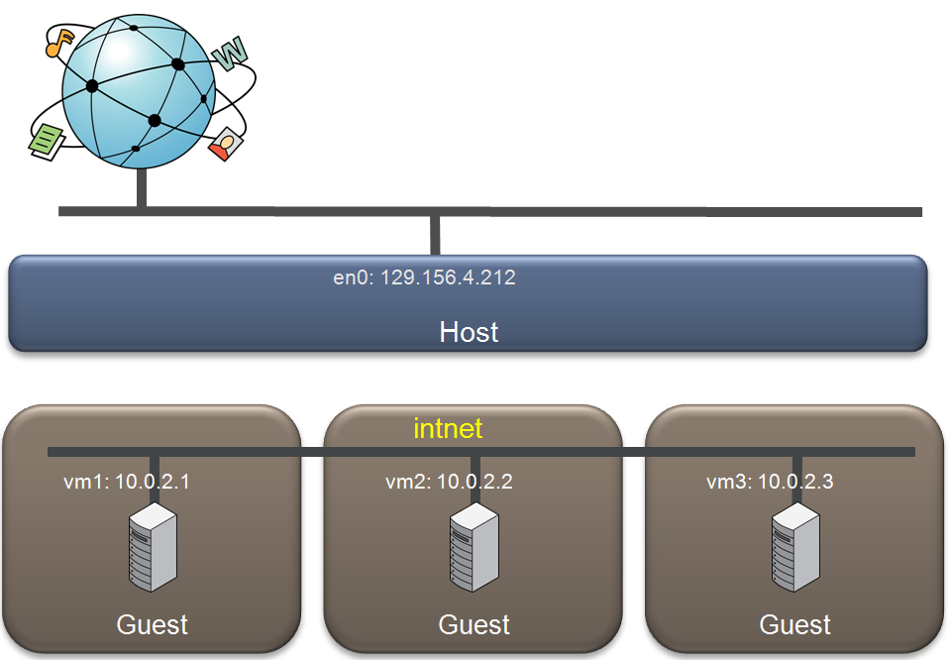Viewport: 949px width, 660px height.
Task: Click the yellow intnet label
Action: point(448,429)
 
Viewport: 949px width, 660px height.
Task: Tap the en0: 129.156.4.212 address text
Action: point(424,277)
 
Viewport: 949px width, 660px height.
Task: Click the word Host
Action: point(470,332)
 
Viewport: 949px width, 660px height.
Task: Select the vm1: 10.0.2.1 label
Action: point(127,482)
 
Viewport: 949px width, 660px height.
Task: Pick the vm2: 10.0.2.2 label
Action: point(449,482)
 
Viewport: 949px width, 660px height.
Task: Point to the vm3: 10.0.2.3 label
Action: point(770,482)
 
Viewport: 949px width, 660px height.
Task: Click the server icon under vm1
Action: point(153,547)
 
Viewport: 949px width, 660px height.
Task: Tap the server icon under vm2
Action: point(474,547)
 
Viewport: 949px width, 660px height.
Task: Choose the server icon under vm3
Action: point(795,547)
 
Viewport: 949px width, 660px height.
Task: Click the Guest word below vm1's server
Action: point(152,624)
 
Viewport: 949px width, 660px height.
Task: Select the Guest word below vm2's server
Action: point(474,624)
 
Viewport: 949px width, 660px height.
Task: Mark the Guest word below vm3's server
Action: point(795,624)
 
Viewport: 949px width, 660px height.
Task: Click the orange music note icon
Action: point(59,43)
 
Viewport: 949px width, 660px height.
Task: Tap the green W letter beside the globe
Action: point(230,54)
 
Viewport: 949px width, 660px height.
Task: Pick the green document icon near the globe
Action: point(47,142)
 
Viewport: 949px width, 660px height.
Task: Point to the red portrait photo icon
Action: point(226,144)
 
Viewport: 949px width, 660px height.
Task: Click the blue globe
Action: point(139,91)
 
